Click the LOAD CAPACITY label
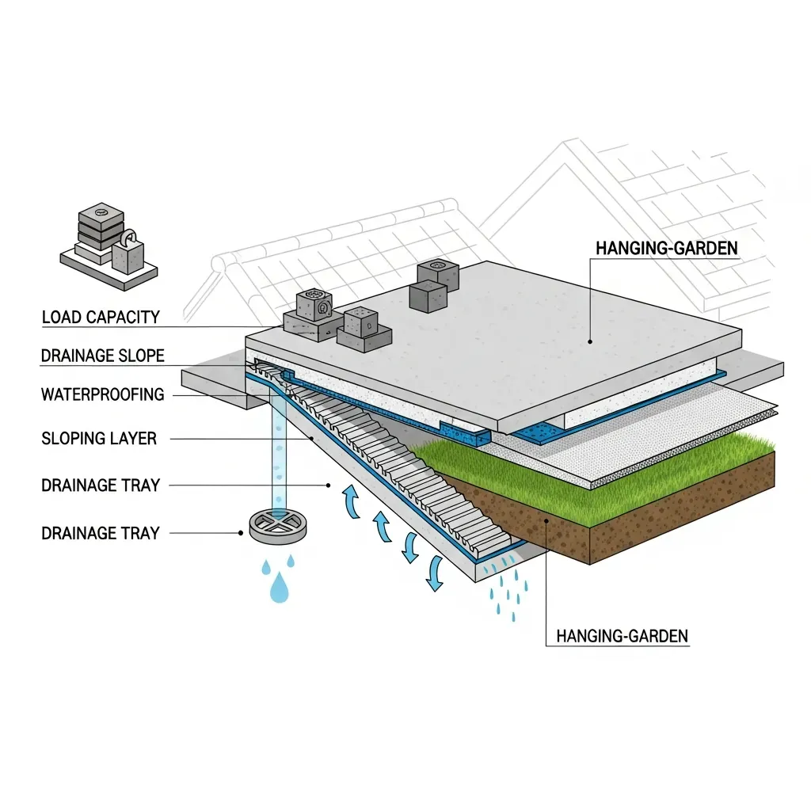(101, 317)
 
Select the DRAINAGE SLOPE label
(102, 356)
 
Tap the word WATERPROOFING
(102, 394)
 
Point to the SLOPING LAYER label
(99, 439)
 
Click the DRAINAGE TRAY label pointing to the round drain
(101, 533)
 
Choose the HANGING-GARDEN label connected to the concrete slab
(667, 248)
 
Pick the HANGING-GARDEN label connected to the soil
(623, 636)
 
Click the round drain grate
(278, 527)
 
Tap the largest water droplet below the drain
(280, 588)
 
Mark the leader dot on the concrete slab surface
(589, 341)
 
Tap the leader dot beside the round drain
(241, 533)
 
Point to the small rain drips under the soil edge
(509, 589)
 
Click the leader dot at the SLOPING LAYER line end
(311, 439)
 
